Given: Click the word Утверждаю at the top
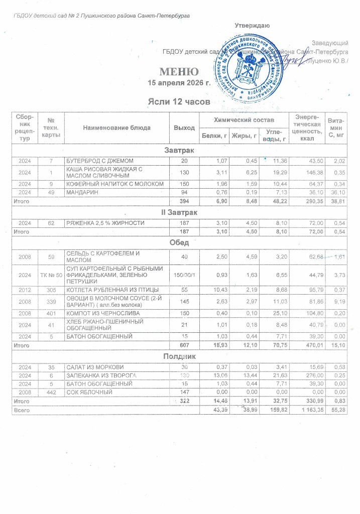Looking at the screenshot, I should click(253, 25).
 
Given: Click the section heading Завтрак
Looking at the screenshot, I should click(180, 151).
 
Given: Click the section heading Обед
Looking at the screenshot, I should click(180, 243).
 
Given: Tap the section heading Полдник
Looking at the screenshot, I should click(180, 356).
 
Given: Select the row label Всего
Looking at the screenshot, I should click(22, 410).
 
